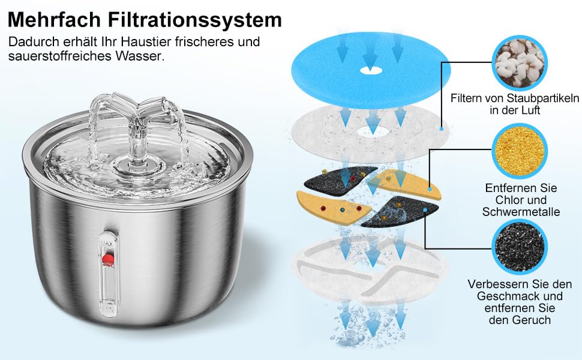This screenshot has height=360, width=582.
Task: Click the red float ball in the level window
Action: (108, 259)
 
